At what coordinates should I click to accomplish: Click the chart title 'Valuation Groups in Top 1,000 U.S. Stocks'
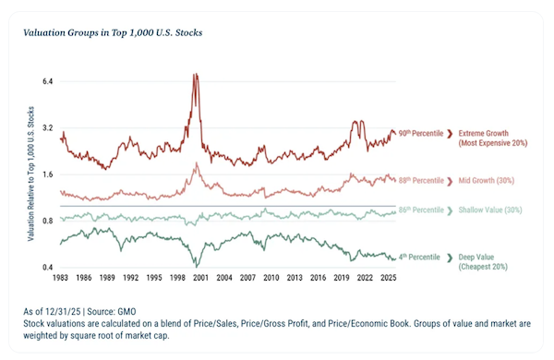coord(113,32)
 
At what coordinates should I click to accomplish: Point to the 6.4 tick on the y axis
coord(47,81)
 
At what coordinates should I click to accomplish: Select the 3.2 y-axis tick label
coord(47,128)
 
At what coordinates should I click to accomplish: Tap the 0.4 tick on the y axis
coord(47,267)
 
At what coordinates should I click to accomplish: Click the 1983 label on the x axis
coord(60,278)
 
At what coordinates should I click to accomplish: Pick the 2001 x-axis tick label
coord(200,278)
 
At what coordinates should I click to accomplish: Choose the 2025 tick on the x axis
coord(389,278)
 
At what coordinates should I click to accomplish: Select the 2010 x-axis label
coord(271,278)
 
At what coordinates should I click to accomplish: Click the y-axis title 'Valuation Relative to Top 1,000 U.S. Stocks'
coord(31,174)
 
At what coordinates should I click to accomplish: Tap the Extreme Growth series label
coord(493,138)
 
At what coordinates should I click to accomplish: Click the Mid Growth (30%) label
coord(487,181)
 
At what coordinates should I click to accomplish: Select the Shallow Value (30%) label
coord(490,210)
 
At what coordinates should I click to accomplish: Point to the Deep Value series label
coord(483,262)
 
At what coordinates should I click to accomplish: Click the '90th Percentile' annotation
coord(421,133)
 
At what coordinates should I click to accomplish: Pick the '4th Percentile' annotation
coord(419,258)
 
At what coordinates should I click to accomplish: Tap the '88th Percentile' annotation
coord(421,181)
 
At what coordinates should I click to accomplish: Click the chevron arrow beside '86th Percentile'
coord(450,210)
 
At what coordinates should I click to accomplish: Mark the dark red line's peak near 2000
coord(194,74)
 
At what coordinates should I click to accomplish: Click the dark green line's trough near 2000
coord(197,267)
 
